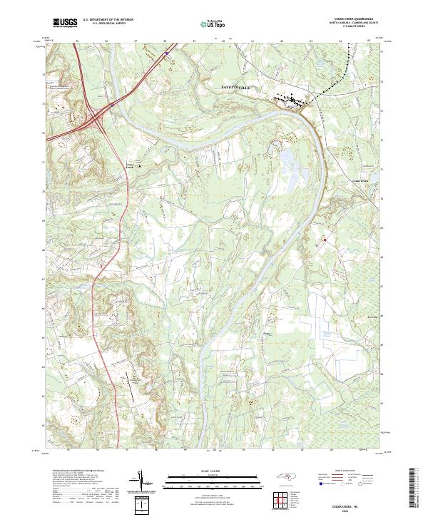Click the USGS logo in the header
click(65, 23)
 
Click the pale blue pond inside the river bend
click(288, 160)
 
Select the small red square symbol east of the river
click(325, 240)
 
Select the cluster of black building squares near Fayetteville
click(290, 100)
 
